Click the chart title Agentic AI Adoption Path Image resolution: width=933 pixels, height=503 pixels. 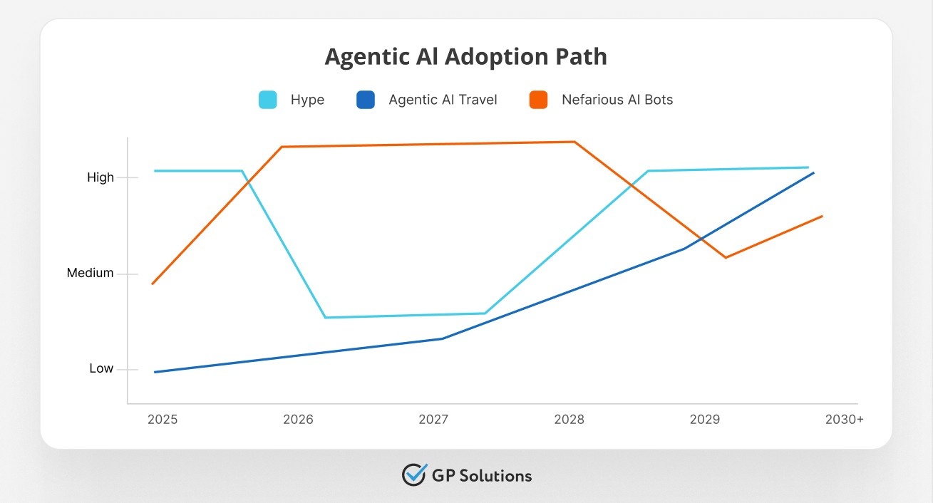466,56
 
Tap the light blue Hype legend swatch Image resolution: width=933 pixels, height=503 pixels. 267,100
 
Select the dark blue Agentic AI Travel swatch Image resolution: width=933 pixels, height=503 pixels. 366,100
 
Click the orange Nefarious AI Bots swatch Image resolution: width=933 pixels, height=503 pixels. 538,100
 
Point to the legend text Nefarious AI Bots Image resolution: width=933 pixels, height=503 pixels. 617,100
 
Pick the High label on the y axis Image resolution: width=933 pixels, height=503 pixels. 100,177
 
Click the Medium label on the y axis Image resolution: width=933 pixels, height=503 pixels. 90,273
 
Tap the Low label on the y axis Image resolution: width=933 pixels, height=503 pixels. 101,368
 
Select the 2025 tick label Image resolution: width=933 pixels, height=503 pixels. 163,420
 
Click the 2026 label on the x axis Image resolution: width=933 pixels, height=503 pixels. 298,420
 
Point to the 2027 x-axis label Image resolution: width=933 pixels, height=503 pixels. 433,420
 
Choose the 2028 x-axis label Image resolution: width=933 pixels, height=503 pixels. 569,420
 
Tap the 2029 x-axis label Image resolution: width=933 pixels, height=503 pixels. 704,420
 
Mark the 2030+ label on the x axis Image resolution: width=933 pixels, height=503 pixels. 844,420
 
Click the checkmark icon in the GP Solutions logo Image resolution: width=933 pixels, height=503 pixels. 414,475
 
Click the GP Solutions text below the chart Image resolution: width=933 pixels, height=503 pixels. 482,475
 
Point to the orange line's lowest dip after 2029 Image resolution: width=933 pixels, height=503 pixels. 726,257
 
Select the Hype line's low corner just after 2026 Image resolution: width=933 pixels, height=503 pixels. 325,318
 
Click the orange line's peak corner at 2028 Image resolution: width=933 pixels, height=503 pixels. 574,142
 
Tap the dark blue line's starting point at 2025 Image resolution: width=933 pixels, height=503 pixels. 155,372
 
